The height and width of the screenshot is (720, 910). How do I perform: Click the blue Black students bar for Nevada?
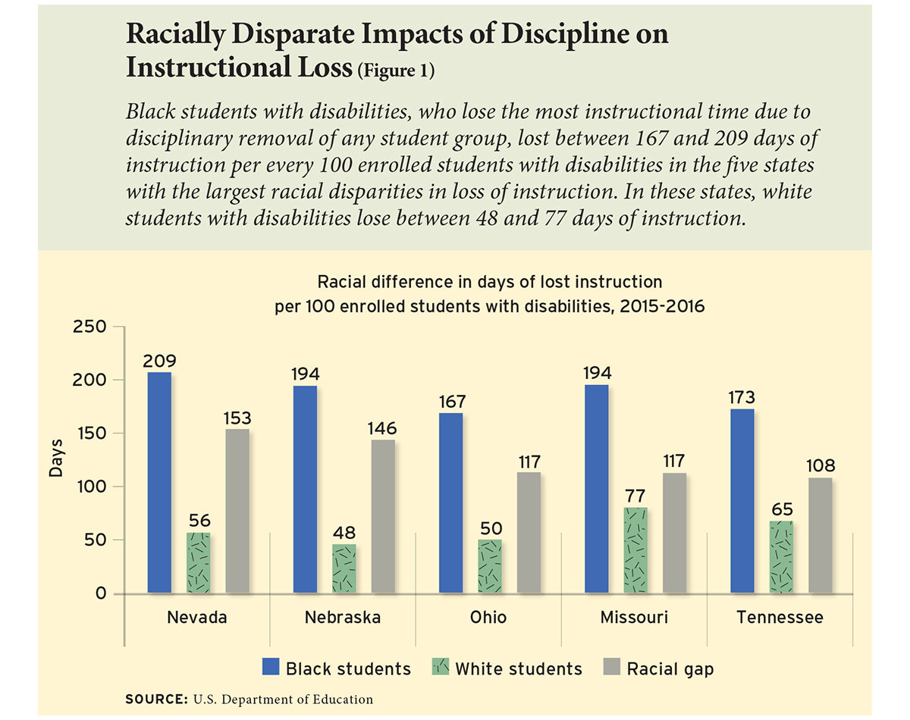click(x=159, y=482)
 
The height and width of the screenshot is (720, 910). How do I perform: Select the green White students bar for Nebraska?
click(x=344, y=568)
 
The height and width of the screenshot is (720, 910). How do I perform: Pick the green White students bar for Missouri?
click(x=635, y=550)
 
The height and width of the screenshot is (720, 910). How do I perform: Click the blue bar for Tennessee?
click(x=742, y=501)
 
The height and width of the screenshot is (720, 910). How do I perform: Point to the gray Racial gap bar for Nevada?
click(x=237, y=511)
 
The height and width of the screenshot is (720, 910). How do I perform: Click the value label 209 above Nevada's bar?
click(x=159, y=362)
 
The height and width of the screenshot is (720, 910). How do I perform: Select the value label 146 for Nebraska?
click(x=382, y=429)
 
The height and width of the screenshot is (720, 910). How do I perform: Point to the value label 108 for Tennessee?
click(x=820, y=466)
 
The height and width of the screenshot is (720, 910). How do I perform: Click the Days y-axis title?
click(x=56, y=461)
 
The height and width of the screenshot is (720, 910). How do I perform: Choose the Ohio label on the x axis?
click(x=488, y=618)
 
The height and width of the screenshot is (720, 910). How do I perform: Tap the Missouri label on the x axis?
click(x=634, y=618)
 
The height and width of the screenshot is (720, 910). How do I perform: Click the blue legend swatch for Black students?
click(x=271, y=668)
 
